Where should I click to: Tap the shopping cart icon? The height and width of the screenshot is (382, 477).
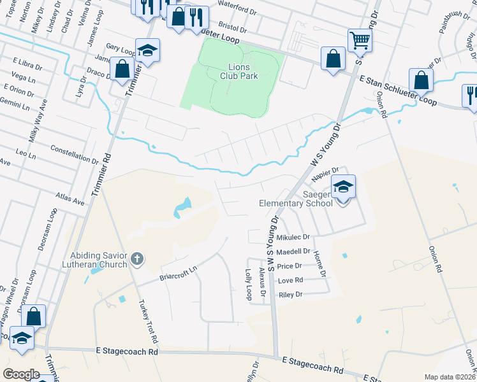pyautogui.click(x=360, y=41)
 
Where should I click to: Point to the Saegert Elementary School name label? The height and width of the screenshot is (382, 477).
pyautogui.click(x=295, y=199)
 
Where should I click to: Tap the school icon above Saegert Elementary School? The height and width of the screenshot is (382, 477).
pyautogui.click(x=343, y=187)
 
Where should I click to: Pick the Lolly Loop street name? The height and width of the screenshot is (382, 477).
pyautogui.click(x=248, y=284)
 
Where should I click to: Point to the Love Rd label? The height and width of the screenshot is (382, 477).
pyautogui.click(x=290, y=280)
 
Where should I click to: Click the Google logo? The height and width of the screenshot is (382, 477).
pyautogui.click(x=21, y=374)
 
